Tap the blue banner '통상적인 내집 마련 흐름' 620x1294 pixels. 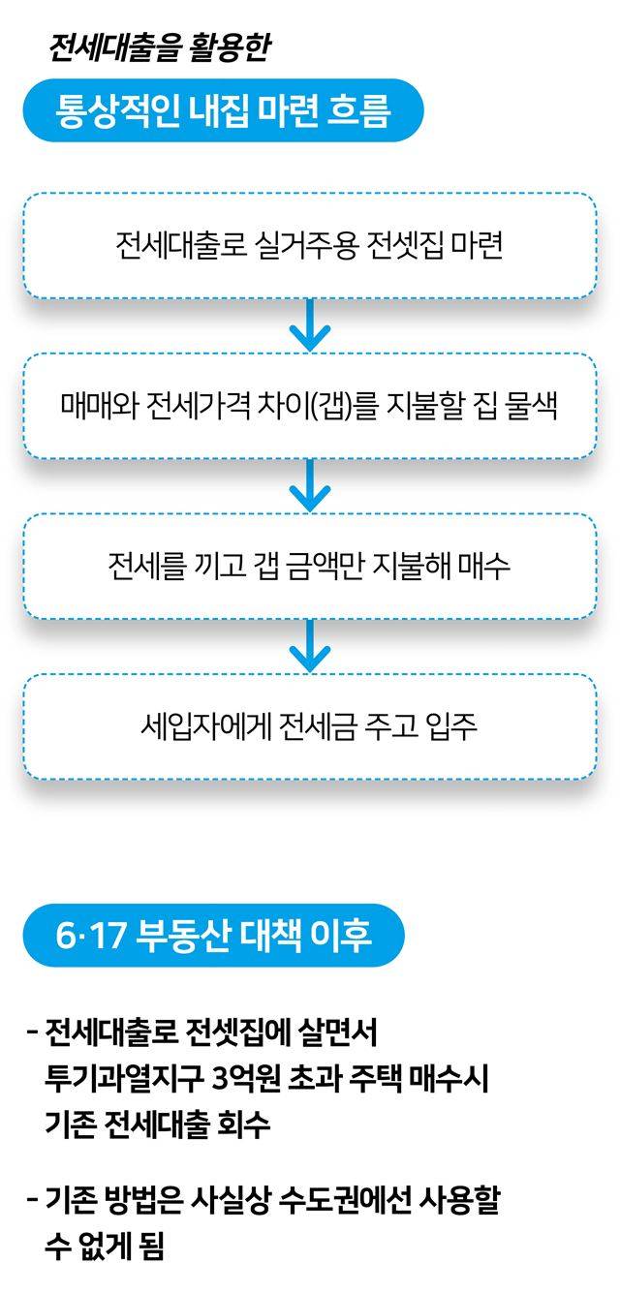pyautogui.click(x=223, y=111)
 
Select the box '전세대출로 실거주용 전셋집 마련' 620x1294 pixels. pyautogui.click(x=309, y=245)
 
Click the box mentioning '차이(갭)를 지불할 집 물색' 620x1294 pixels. pyautogui.click(x=309, y=405)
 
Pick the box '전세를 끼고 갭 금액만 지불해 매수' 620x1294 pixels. pyautogui.click(x=309, y=566)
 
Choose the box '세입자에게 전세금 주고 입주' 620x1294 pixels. pyautogui.click(x=309, y=726)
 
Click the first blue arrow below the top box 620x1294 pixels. pyautogui.click(x=310, y=324)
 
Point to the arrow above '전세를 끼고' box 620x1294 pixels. pyautogui.click(x=310, y=485)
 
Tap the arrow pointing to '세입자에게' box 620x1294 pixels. pyautogui.click(x=310, y=646)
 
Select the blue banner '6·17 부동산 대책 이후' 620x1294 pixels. pyautogui.click(x=213, y=937)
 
